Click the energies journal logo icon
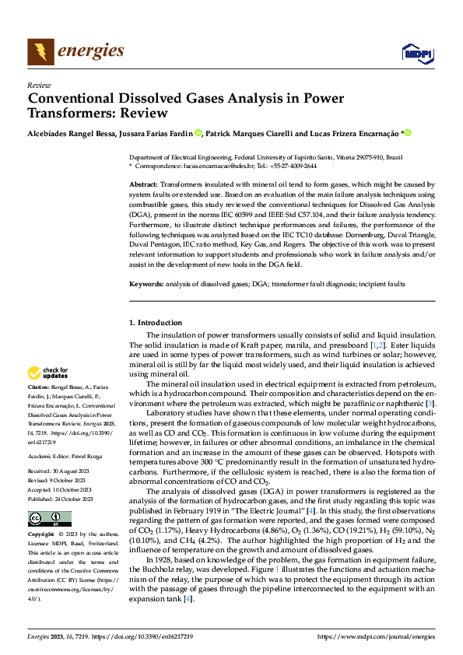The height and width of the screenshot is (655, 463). [x=40, y=52]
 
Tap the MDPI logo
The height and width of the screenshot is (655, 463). [x=417, y=53]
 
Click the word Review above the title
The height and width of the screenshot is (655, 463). [x=39, y=85]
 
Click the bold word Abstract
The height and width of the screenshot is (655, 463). [x=143, y=182]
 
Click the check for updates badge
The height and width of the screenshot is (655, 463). [x=49, y=373]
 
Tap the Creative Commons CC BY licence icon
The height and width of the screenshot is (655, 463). [x=49, y=519]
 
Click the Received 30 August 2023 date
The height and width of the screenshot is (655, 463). [x=59, y=471]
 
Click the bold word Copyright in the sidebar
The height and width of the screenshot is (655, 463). [x=41, y=535]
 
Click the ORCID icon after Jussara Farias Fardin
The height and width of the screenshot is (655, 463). [x=198, y=133]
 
